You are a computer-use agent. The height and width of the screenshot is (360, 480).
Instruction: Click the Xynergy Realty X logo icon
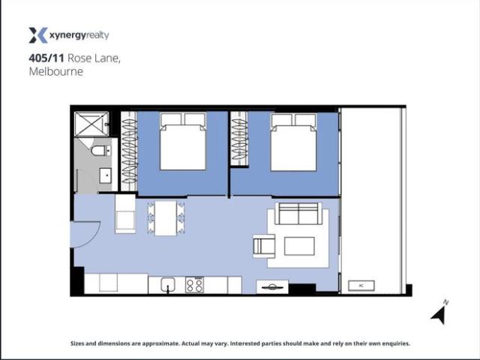pyautogui.click(x=37, y=34)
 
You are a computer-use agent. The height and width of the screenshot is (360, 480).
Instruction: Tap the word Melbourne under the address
pyautogui.click(x=55, y=72)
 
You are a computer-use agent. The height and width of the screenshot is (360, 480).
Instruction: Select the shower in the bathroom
pyautogui.click(x=91, y=123)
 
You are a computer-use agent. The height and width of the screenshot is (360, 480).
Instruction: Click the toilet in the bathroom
pyautogui.click(x=100, y=151)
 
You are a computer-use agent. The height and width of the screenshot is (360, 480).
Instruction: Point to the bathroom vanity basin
pyautogui.click(x=105, y=178)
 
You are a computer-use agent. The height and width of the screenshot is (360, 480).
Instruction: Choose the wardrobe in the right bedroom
pyautogui.click(x=239, y=139)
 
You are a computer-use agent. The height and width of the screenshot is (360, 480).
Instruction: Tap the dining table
pyautogui.click(x=166, y=218)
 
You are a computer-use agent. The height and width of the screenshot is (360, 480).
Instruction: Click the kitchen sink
pyautogui.click(x=166, y=285)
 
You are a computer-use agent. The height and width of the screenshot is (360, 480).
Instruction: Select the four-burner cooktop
pyautogui.click(x=194, y=285)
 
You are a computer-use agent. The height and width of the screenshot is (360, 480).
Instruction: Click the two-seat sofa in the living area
pyautogui.click(x=298, y=214)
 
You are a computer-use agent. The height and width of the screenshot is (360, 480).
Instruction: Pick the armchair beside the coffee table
pyautogui.click(x=264, y=244)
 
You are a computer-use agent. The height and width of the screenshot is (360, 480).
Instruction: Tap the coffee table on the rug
pyautogui.click(x=298, y=245)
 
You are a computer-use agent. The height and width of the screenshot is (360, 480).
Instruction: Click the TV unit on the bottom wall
pyautogui.click(x=271, y=286)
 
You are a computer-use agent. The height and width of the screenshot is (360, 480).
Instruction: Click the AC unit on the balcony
pyautogui.click(x=361, y=285)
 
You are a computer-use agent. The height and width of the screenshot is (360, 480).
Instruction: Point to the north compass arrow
pyautogui.click(x=440, y=313)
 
